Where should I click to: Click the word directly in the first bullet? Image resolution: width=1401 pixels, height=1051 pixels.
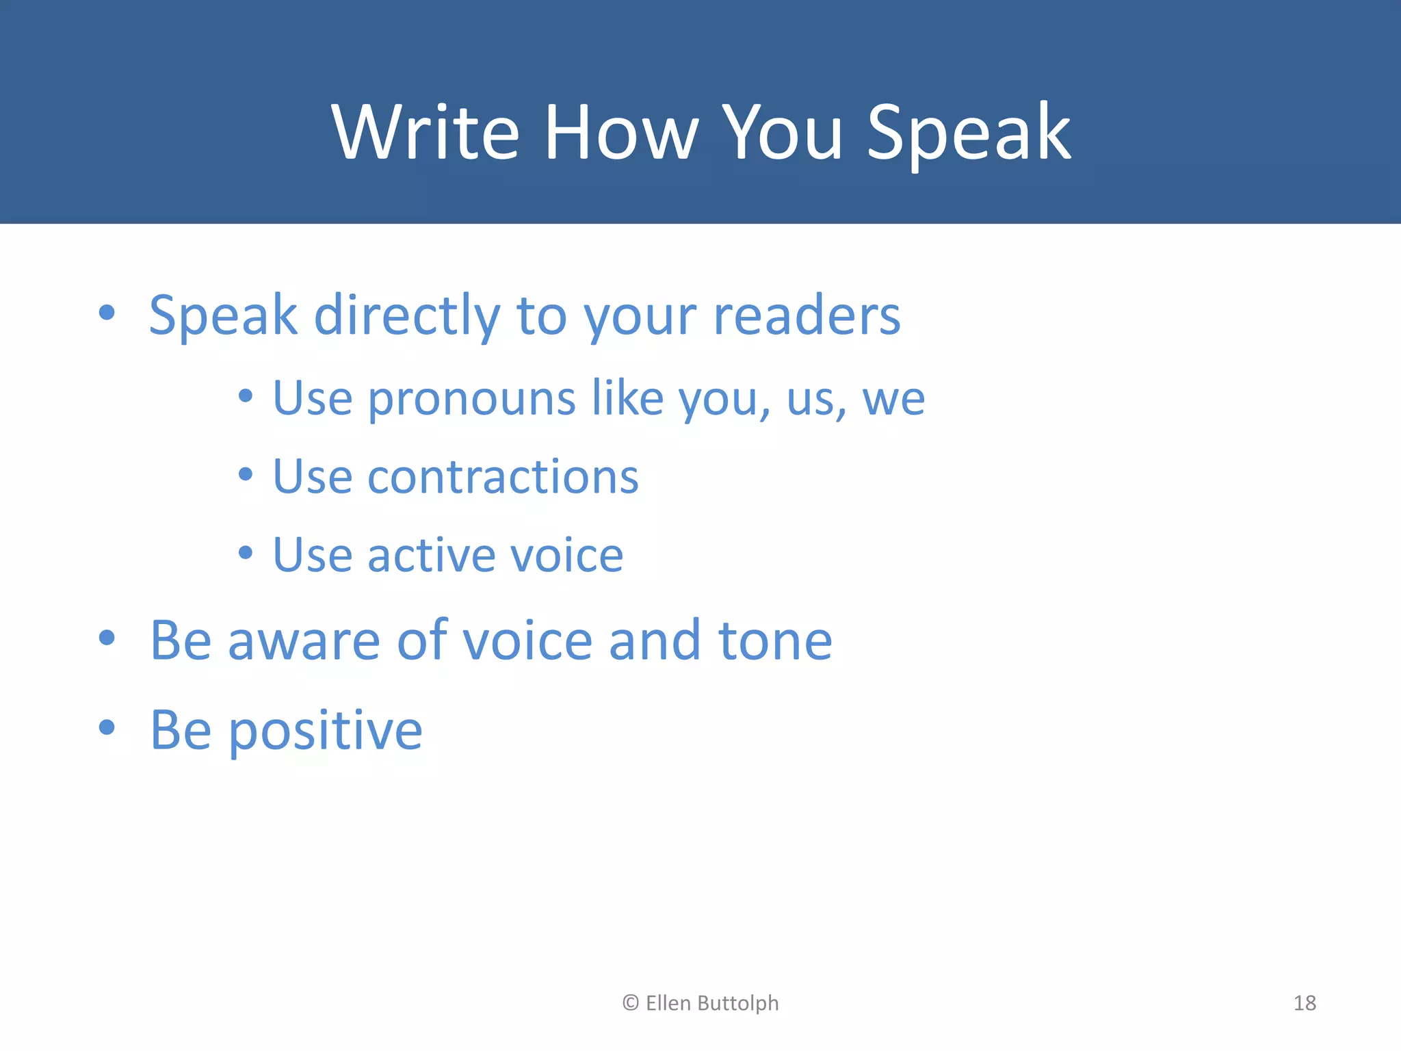pyautogui.click(x=406, y=316)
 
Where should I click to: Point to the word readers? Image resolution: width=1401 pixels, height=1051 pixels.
pyautogui.click(x=807, y=316)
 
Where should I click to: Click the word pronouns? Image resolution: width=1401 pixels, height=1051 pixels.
pyautogui.click(x=471, y=399)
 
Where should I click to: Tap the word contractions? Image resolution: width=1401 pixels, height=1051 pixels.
pyautogui.click(x=503, y=477)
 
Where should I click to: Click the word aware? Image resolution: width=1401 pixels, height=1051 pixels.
pyautogui.click(x=303, y=641)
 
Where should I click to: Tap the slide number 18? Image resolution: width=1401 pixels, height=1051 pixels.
pyautogui.click(x=1304, y=1003)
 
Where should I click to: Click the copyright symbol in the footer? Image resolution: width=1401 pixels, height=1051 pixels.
pyautogui.click(x=630, y=1003)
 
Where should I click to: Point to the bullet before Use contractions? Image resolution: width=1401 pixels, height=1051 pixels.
pyautogui.click(x=246, y=474)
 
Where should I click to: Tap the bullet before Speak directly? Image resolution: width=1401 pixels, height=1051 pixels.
pyautogui.click(x=106, y=312)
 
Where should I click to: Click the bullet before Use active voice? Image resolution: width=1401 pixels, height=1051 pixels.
pyautogui.click(x=246, y=552)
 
